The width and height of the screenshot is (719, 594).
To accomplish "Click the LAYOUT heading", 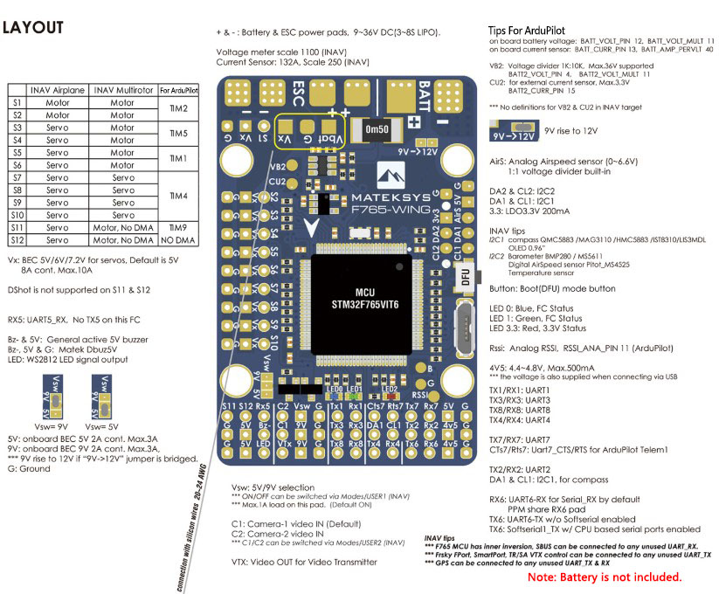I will point(33,28).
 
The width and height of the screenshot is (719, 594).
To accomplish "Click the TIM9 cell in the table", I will point(178,226).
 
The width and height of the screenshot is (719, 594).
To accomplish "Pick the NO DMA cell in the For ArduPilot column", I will point(178,239).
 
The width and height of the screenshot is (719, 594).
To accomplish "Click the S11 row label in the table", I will point(17,226).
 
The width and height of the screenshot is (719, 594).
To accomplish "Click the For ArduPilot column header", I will point(178,90).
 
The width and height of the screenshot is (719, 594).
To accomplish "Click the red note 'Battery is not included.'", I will point(605,577).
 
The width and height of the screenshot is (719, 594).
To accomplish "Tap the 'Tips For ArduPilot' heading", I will point(538,31).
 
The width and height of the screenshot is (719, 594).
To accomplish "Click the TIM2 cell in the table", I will point(178,108).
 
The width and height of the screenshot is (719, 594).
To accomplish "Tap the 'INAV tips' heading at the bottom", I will point(439,539).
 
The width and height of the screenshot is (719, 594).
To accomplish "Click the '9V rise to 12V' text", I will point(571,129).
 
